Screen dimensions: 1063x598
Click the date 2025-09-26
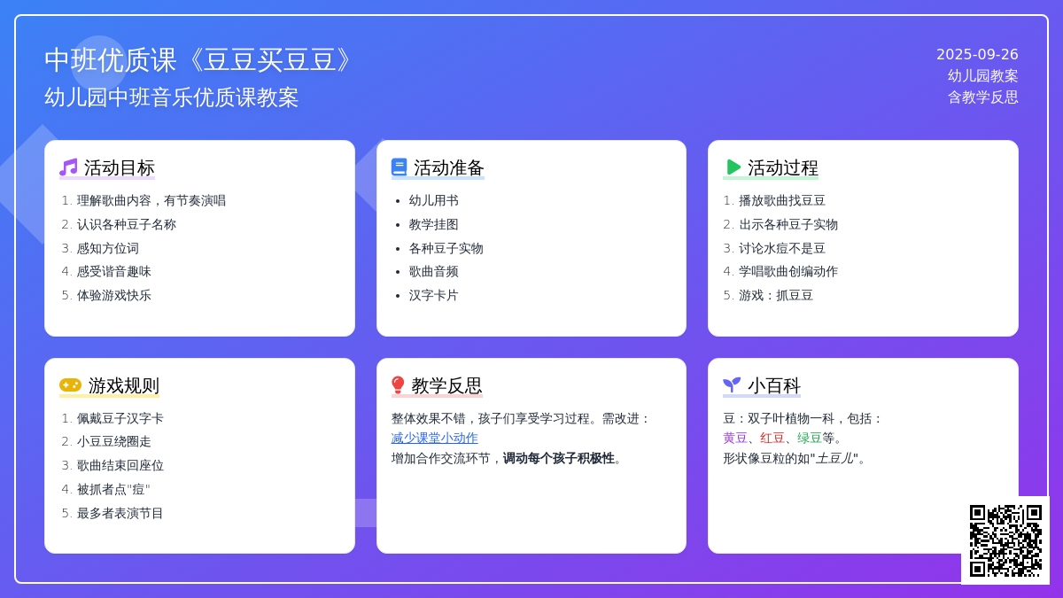977,55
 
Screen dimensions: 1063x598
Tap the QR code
1005,540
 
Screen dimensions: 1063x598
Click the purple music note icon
68,167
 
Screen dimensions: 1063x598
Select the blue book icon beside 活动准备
400,167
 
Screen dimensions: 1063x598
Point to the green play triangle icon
733,167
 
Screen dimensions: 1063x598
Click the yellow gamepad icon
70,384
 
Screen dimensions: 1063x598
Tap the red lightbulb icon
398,385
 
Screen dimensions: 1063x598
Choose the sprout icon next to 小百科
732,384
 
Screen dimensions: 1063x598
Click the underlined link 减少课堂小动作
434,438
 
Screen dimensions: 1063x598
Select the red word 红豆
772,438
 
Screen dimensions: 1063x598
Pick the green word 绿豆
809,438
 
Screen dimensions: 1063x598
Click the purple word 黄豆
735,438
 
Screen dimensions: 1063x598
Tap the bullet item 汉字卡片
434,296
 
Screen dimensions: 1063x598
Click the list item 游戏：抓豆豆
776,296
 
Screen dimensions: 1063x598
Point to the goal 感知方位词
108,248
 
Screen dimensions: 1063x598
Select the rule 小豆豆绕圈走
114,442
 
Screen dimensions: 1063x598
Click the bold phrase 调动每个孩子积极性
559,459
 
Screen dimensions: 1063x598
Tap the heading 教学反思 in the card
446,385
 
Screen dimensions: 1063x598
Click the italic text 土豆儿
834,459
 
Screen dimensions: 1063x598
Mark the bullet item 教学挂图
434,224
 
